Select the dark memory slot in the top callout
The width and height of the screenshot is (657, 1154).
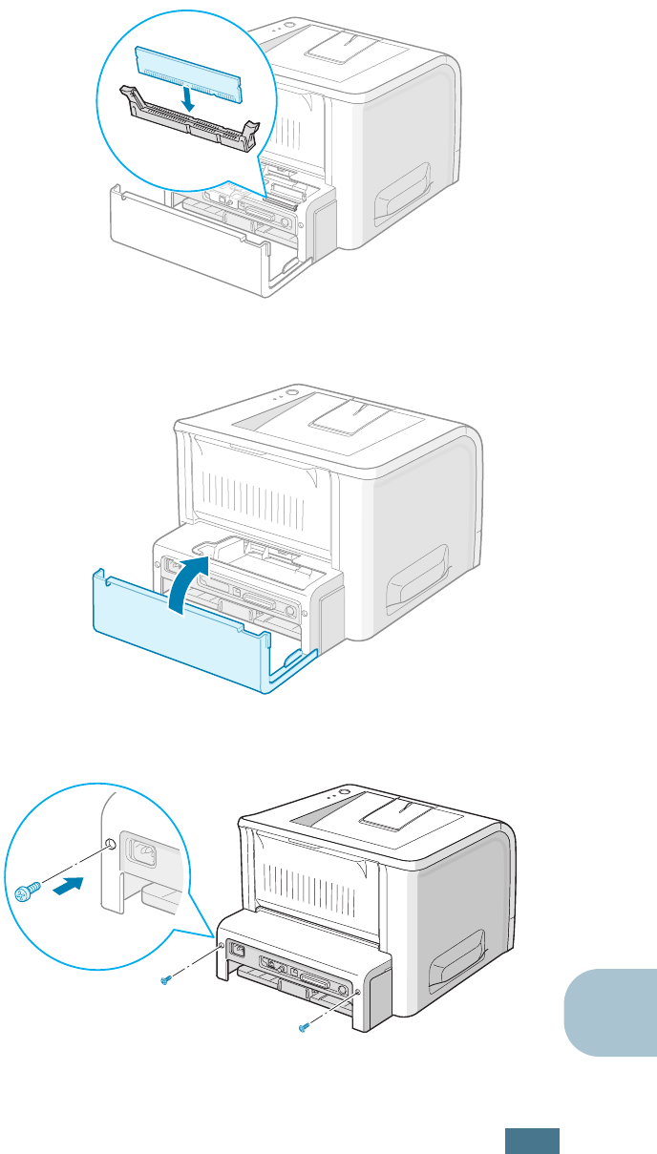(191, 120)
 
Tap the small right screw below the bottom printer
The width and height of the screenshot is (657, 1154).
(305, 1027)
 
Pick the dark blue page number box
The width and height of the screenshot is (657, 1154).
(532, 1140)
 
